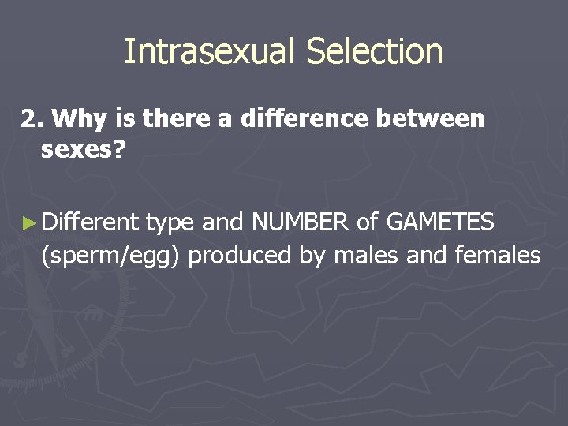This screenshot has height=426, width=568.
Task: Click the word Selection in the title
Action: point(374,52)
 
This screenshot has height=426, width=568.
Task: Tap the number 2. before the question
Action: point(32,119)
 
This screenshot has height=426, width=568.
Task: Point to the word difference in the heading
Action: point(304,119)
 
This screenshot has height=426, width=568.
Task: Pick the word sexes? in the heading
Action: point(83,150)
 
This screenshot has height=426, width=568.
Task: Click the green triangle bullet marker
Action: point(29,224)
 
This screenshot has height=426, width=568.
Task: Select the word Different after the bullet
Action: point(90,223)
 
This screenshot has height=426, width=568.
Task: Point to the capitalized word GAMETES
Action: point(440,223)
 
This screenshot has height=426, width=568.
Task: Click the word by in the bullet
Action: point(316,256)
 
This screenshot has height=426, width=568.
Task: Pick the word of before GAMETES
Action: point(367,223)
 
